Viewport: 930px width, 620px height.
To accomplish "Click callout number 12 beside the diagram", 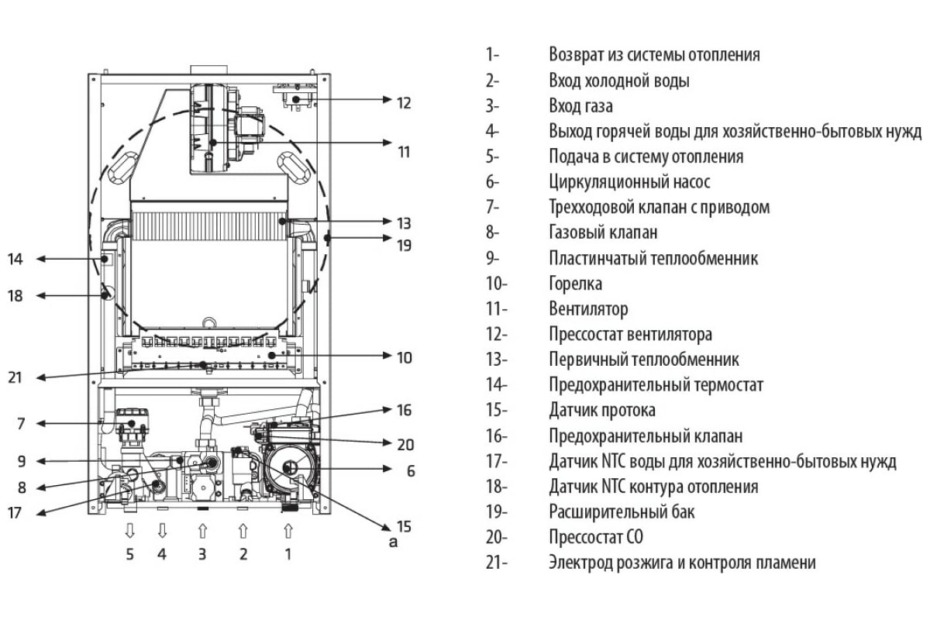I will pos(404,102).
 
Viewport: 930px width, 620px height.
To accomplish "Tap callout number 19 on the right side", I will pos(404,245).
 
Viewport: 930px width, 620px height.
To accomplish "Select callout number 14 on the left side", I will pos(15,259).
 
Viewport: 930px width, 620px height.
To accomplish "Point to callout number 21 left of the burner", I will pos(15,378).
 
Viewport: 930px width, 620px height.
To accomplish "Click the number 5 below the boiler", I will pos(130,554).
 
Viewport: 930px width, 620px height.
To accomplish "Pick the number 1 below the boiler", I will pos(288,554).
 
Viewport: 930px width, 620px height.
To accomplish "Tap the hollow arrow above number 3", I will pos(202,531).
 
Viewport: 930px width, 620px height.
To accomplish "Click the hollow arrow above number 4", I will pos(162,531).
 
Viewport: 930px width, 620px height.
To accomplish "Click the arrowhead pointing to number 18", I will pos(40,295).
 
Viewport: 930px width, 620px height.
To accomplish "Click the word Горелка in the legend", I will pos(575,284).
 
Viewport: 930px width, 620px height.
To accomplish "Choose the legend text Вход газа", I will pos(580,106).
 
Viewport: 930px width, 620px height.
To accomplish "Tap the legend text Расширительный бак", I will pos(622,511).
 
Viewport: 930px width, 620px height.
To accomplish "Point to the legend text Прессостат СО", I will pos(596,537).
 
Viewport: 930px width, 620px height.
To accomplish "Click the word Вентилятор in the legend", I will pos(588,309).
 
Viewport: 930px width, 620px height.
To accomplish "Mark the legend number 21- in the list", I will pos(496,563).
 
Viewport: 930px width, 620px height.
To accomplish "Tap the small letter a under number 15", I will pos(393,541).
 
